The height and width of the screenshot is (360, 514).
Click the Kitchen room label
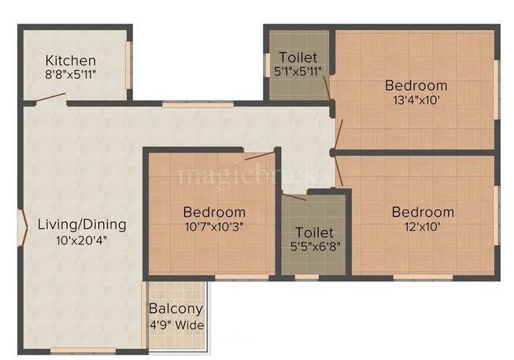(71, 61)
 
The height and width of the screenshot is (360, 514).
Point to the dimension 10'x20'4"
(82, 241)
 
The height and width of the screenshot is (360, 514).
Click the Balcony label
(176, 309)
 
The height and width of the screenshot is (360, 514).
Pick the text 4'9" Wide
(176, 325)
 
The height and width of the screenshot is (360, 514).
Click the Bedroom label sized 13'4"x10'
(416, 85)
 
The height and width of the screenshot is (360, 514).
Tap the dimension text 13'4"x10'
(416, 101)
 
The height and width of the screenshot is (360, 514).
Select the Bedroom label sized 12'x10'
(423, 212)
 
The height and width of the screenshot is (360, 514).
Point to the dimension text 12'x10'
(423, 227)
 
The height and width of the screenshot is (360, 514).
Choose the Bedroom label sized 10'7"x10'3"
(214, 212)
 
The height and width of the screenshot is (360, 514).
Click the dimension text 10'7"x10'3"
(214, 227)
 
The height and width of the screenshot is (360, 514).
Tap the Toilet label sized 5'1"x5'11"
(298, 58)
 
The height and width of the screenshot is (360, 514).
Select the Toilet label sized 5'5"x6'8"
(314, 233)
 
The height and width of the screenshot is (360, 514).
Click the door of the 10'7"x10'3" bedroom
(259, 155)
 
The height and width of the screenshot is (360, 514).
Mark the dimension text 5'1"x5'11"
(298, 72)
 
